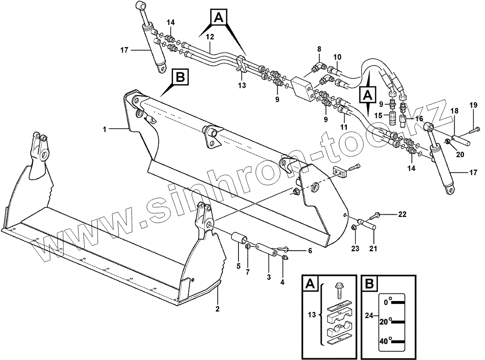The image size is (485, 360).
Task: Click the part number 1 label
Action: pyautogui.click(x=104, y=129)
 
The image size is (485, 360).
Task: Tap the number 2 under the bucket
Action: pyautogui.click(x=217, y=309)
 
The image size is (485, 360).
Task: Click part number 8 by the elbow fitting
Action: pyautogui.click(x=319, y=49)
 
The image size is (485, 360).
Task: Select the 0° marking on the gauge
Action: pyautogui.click(x=387, y=301)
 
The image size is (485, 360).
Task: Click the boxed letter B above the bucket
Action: pyautogui.click(x=180, y=78)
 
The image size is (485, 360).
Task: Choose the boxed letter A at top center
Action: pyautogui.click(x=218, y=18)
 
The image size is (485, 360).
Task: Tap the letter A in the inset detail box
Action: pyautogui.click(x=310, y=284)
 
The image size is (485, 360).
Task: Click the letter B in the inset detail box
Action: pyautogui.click(x=369, y=284)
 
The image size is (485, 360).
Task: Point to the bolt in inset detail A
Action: pyautogui.click(x=339, y=290)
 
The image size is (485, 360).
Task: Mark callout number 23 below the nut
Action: pyautogui.click(x=355, y=249)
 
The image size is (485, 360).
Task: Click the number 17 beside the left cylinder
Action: pyautogui.click(x=124, y=51)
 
